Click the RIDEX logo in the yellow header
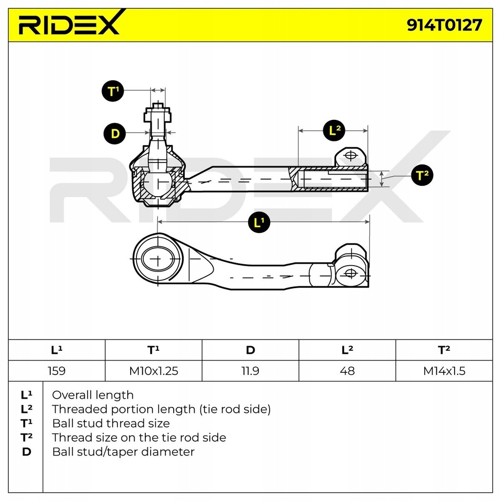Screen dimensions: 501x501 (x=69, y=24)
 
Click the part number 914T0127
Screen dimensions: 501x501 (x=444, y=25)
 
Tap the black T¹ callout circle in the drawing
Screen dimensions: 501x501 (x=114, y=91)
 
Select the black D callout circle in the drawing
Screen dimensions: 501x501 (x=115, y=134)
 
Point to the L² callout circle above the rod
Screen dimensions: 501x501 (x=335, y=130)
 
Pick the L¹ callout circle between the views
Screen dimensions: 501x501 (x=259, y=222)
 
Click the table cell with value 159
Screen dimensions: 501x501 (x=57, y=371)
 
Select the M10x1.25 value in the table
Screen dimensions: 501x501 (x=154, y=371)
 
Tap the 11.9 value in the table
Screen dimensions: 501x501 (x=250, y=371)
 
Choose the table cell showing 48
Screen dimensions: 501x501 (x=347, y=371)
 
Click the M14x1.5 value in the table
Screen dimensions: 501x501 (x=444, y=371)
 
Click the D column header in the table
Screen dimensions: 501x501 (x=250, y=350)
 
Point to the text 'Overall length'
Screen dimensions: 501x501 (x=92, y=395)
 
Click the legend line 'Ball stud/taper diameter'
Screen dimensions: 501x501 (x=123, y=452)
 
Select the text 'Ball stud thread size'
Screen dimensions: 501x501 (x=111, y=423)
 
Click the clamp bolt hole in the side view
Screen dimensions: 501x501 (x=351, y=156)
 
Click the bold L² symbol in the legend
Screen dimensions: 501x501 (x=26, y=409)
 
